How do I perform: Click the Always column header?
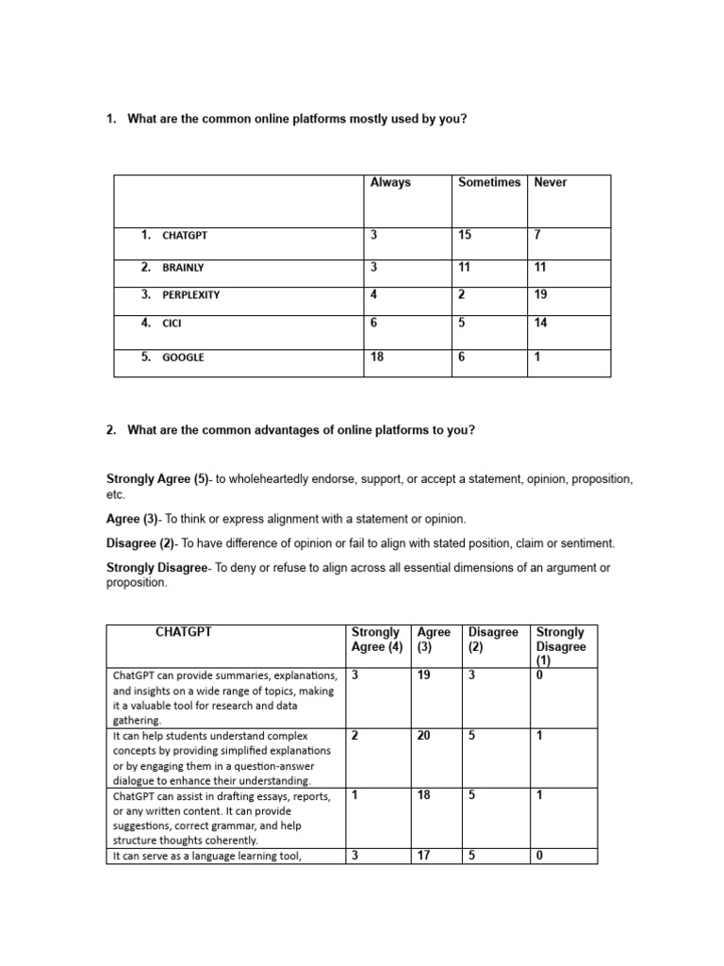390,183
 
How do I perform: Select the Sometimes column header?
488,183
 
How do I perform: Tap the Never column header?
551,183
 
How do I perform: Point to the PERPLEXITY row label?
191,295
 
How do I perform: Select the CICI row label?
172,324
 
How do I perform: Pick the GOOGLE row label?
183,358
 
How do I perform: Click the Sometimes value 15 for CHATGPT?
465,235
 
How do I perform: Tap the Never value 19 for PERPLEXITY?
541,294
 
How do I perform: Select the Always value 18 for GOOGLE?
377,357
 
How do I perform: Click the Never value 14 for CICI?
541,323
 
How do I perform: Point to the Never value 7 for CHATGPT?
537,235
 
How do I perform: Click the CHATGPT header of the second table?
184,633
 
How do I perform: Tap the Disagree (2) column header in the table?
493,640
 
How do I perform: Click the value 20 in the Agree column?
424,736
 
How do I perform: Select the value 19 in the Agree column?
424,676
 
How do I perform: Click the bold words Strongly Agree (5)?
158,480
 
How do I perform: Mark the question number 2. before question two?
111,430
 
